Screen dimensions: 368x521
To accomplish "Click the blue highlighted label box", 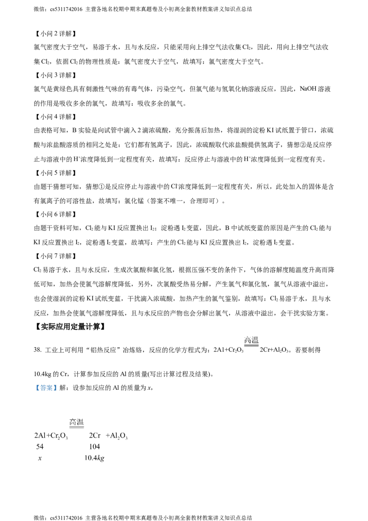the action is point(46,388).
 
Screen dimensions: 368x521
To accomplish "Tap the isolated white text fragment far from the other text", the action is point(251,340).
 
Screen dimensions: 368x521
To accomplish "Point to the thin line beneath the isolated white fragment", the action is point(251,345).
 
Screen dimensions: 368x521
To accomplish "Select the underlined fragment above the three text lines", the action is point(76,422).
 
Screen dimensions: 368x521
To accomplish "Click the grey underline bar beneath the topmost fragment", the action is point(75,428).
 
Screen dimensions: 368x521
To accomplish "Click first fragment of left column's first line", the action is point(40,434).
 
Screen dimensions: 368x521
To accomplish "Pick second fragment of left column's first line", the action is point(59,434).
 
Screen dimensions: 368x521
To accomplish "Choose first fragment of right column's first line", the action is point(96,434).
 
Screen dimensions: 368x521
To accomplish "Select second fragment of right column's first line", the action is point(115,434).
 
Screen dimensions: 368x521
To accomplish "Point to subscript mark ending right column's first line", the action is point(126,440).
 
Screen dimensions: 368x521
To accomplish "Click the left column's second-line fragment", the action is point(37,446).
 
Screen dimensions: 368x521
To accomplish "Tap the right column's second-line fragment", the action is point(94,446).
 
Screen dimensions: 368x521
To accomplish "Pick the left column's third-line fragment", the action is point(40,458).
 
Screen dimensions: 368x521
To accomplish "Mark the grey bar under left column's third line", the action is point(40,462).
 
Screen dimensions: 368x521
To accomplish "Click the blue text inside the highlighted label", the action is point(46,389).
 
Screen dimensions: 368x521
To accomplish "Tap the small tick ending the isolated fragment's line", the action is point(260,347).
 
